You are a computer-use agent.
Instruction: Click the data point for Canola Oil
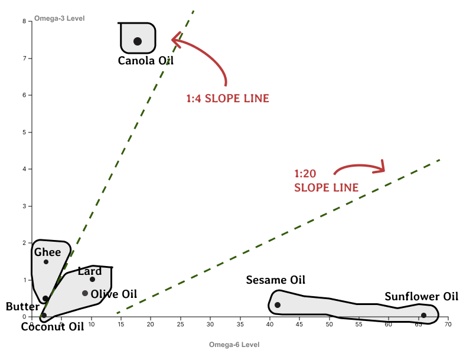click(138, 41)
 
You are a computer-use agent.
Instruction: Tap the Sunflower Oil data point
click(423, 315)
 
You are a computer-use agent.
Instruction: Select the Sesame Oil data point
click(278, 305)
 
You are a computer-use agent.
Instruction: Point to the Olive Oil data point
click(85, 293)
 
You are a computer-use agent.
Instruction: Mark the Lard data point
click(92, 279)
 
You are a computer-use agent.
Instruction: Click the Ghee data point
click(46, 262)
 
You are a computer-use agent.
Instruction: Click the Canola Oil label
click(146, 60)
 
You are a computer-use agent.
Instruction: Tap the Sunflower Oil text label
click(422, 297)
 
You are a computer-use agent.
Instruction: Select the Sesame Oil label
click(276, 280)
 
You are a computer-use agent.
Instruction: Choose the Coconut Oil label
click(57, 326)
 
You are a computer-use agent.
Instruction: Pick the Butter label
click(22, 307)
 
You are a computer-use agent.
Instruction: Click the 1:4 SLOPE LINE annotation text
click(227, 99)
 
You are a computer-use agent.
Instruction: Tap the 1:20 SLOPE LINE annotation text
click(326, 181)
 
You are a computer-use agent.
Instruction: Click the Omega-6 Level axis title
click(234, 344)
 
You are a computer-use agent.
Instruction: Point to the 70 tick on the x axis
click(448, 325)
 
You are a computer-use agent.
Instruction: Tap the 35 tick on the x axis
click(240, 325)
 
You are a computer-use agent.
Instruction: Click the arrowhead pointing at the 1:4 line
click(174, 40)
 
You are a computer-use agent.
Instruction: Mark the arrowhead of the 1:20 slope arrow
click(383, 167)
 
